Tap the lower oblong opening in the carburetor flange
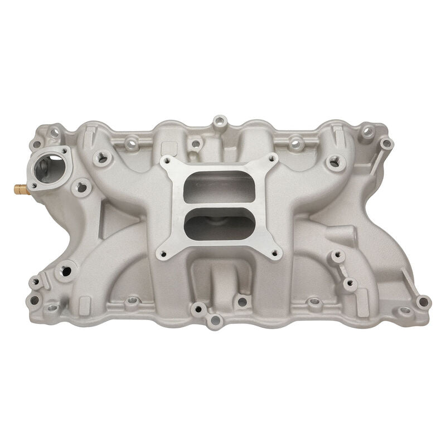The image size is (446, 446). pyautogui.click(x=219, y=227)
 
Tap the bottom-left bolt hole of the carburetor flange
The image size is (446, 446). pyautogui.click(x=162, y=254)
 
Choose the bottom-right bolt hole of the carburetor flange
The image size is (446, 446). pyautogui.click(x=274, y=254)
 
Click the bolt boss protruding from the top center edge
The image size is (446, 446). pyautogui.click(x=220, y=121)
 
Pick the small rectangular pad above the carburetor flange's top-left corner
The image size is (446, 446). pyautogui.click(x=166, y=147)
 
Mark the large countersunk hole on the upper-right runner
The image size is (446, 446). pyautogui.click(x=333, y=162)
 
